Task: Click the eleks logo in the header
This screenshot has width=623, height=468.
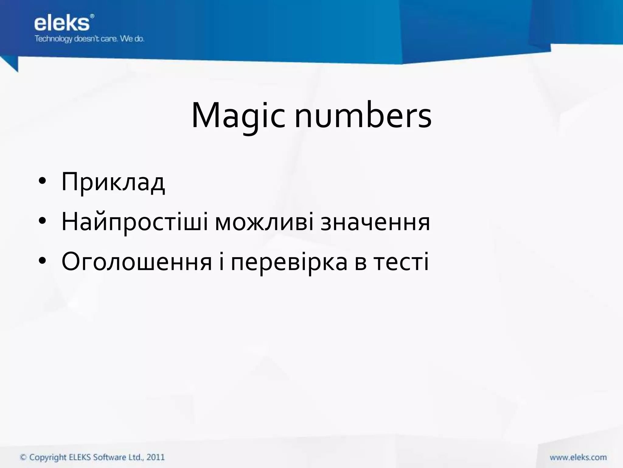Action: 62,23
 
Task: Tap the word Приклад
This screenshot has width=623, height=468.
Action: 113,182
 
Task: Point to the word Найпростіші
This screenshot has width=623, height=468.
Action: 135,222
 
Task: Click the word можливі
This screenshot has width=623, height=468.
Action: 264,222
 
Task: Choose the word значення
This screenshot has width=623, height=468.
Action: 375,222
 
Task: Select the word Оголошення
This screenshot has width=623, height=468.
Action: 137,262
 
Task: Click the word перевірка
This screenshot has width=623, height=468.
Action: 289,262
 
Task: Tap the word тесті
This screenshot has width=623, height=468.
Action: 401,262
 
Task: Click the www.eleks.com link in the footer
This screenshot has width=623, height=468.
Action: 578,457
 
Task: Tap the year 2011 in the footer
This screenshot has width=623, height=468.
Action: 155,457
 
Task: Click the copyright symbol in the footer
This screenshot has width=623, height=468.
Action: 23,457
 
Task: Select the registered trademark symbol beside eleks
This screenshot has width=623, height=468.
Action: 92,16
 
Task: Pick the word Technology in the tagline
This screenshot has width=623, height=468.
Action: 54,39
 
